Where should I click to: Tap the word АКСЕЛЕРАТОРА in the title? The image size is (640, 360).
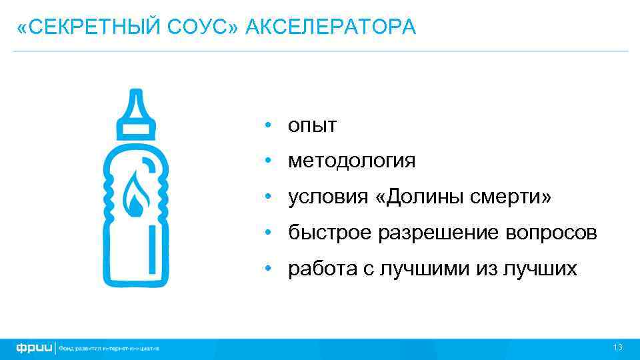[331, 27]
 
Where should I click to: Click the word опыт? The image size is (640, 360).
[313, 125]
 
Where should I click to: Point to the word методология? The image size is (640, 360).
[351, 161]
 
